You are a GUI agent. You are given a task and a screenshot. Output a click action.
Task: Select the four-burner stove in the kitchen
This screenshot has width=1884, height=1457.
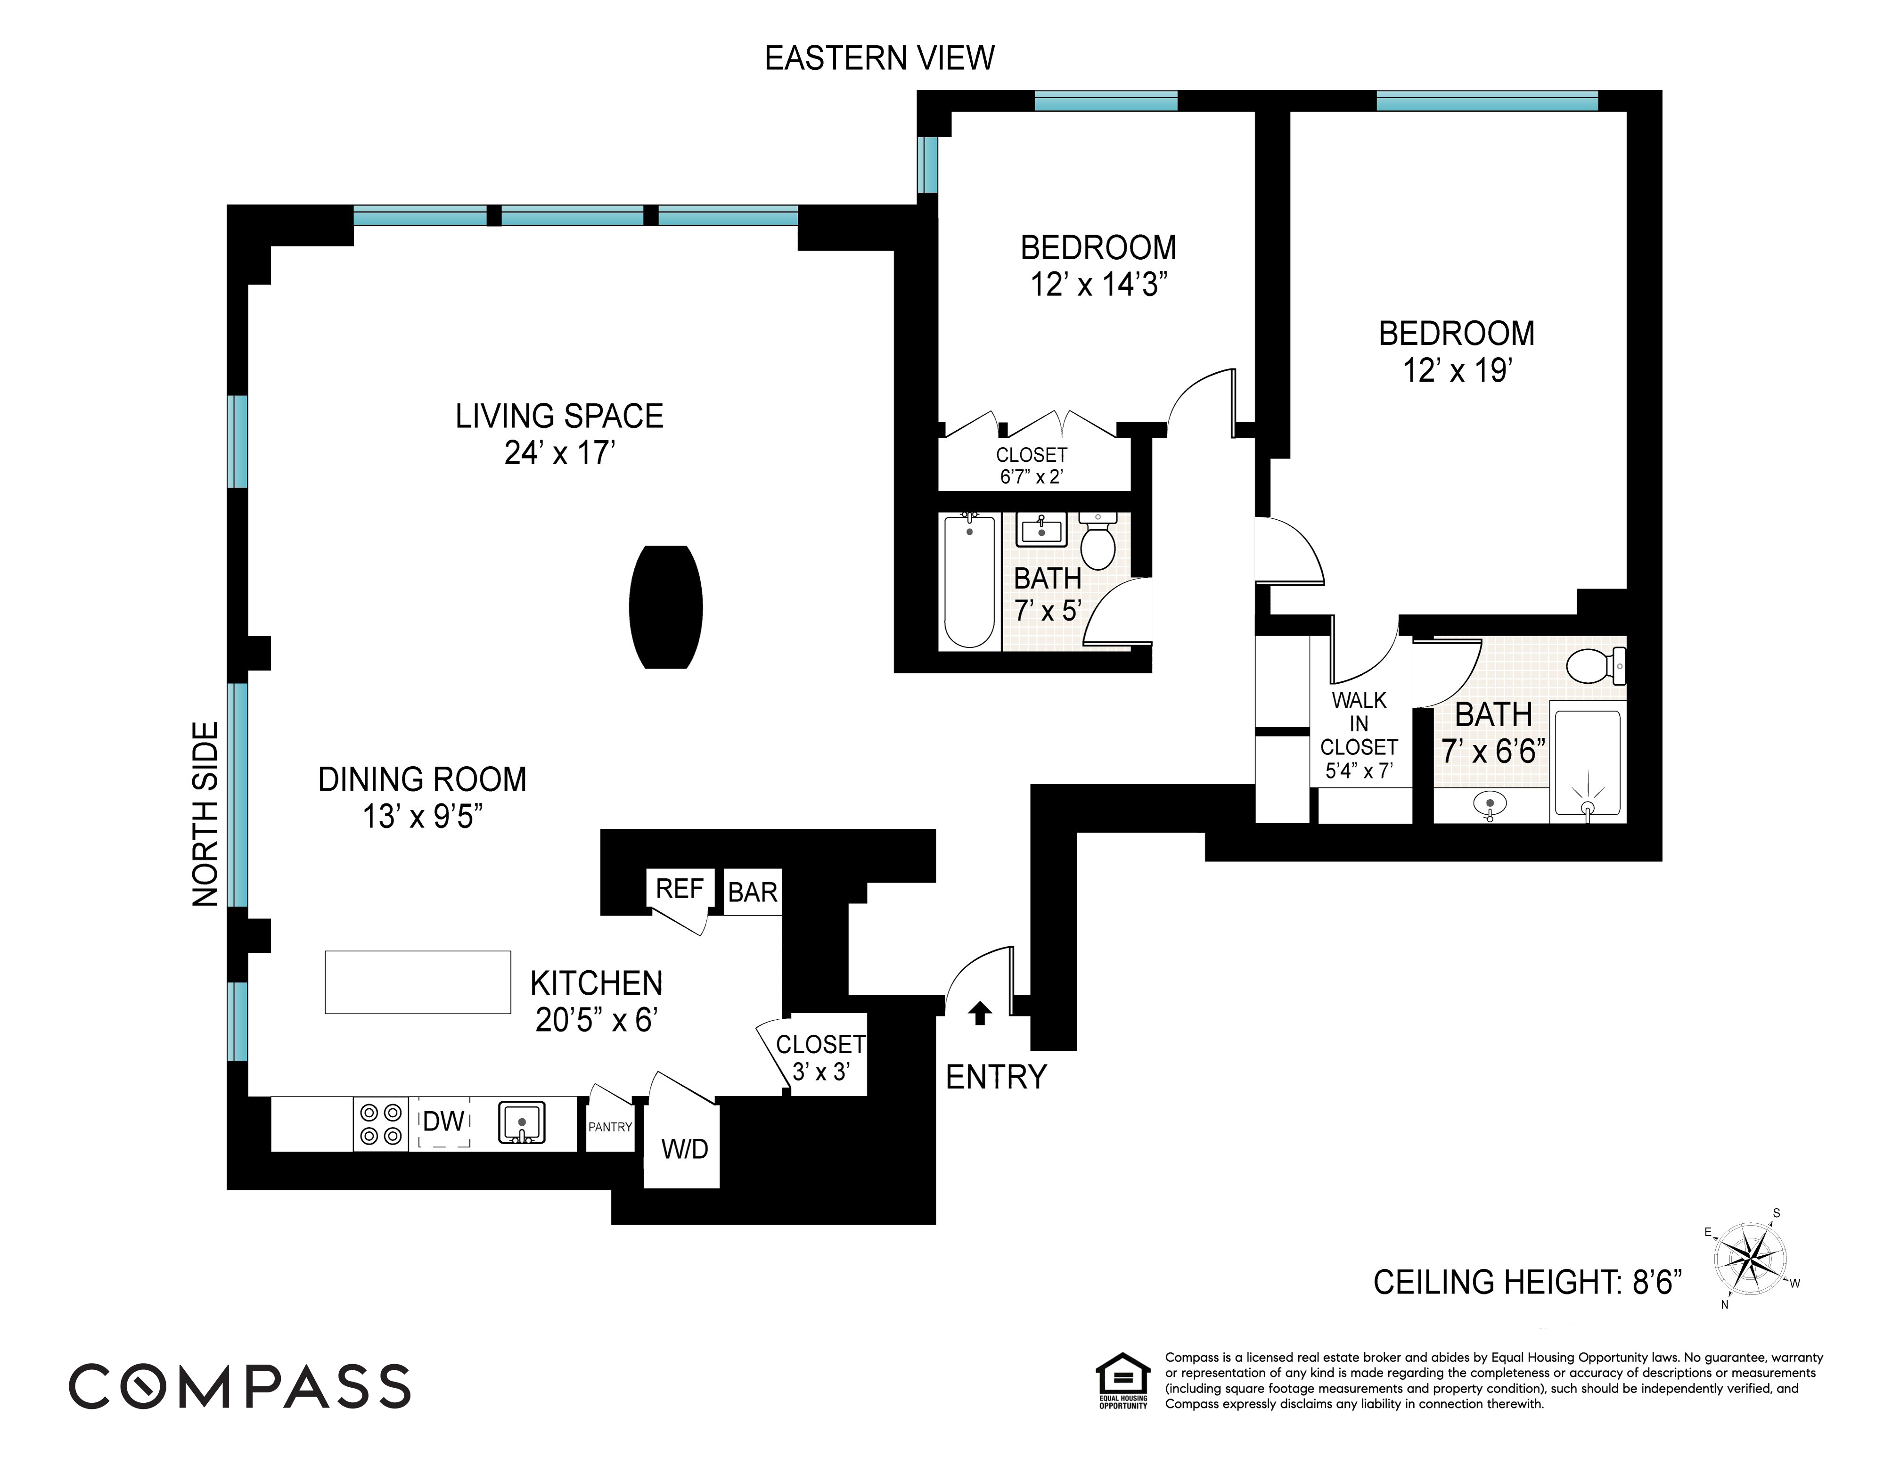pos(380,1124)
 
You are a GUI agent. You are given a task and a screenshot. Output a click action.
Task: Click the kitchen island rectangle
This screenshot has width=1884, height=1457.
pos(418,982)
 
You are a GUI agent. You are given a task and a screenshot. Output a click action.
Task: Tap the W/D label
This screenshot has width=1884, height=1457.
pos(684,1149)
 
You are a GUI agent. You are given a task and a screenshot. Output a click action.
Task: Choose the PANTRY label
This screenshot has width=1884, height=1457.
pos(610,1127)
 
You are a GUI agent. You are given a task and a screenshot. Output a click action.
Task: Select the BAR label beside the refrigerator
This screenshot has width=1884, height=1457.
pos(752,892)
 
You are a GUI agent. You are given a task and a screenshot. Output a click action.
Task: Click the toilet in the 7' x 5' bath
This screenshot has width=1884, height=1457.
pos(1098,541)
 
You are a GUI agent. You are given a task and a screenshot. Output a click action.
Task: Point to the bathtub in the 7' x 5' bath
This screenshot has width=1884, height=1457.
pos(970,581)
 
